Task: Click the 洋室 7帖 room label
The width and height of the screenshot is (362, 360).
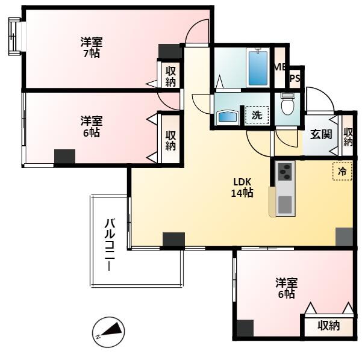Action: click(92, 48)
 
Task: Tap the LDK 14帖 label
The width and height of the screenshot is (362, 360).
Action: click(242, 188)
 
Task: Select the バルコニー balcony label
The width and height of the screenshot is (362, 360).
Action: click(110, 244)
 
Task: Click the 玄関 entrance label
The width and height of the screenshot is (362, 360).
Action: click(321, 134)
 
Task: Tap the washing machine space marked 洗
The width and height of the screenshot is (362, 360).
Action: click(257, 115)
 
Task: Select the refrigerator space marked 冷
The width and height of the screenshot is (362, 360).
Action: click(342, 171)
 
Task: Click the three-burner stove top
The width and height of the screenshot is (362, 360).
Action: click(285, 172)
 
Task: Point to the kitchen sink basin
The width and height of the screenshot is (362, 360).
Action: click(285, 205)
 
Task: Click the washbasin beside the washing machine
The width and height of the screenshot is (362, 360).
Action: click(228, 117)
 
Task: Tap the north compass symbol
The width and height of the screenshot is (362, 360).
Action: click(108, 331)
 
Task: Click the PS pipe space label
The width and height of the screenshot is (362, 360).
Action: click(295, 78)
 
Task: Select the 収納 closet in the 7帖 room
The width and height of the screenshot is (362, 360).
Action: click(170, 76)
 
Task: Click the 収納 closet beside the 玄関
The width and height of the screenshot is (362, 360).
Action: click(348, 137)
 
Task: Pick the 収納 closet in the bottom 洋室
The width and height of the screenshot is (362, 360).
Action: click(329, 325)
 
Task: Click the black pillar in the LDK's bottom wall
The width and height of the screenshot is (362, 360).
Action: click(173, 240)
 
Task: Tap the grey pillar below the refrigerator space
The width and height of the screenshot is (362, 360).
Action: click(344, 237)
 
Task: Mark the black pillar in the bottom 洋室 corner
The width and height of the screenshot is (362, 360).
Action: click(245, 328)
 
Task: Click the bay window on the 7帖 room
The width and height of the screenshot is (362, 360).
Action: click(14, 36)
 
